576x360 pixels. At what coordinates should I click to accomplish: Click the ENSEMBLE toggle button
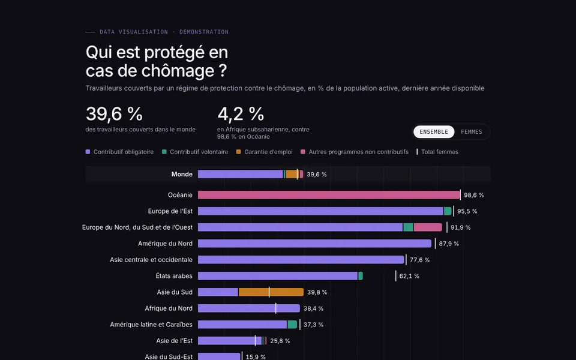pyautogui.click(x=434, y=132)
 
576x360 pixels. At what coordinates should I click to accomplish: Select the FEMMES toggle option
pyautogui.click(x=472, y=132)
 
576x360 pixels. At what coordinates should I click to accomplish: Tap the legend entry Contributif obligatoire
pyautogui.click(x=120, y=152)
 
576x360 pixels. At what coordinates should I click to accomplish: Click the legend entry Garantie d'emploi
pyautogui.click(x=265, y=152)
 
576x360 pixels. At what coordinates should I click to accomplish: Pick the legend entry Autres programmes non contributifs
pyautogui.click(x=355, y=152)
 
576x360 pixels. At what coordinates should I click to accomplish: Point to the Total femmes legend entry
pyautogui.click(x=437, y=152)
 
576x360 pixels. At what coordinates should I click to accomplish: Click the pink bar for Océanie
pyautogui.click(x=329, y=194)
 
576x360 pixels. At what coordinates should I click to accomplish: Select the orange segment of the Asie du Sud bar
pyautogui.click(x=271, y=292)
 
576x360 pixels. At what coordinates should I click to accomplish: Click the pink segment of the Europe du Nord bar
pyautogui.click(x=428, y=227)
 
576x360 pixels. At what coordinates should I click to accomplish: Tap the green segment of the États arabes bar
pyautogui.click(x=361, y=276)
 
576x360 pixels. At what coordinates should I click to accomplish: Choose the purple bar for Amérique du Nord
pyautogui.click(x=315, y=244)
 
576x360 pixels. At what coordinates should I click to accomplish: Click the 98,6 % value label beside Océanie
pyautogui.click(x=474, y=195)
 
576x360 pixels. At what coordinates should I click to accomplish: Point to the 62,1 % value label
pyautogui.click(x=409, y=276)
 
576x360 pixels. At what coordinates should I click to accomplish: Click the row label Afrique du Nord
pyautogui.click(x=169, y=308)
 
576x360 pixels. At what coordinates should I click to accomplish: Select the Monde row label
pyautogui.click(x=182, y=174)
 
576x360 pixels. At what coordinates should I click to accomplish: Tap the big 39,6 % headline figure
pyautogui.click(x=114, y=114)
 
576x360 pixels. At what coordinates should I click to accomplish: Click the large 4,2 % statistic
pyautogui.click(x=241, y=114)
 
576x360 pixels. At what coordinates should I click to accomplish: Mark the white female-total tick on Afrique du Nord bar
pyautogui.click(x=276, y=308)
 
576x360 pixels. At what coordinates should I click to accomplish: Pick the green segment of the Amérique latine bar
pyautogui.click(x=292, y=325)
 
